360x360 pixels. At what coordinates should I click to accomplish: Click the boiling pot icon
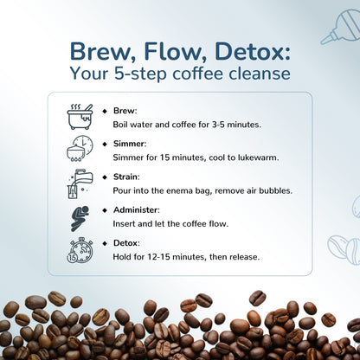pyautogui.click(x=80, y=117)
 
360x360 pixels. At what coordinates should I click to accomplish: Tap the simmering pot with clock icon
pyautogui.click(x=80, y=148)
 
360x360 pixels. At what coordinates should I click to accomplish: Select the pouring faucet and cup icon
pyautogui.click(x=80, y=183)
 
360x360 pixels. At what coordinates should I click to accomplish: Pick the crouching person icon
pyautogui.click(x=80, y=217)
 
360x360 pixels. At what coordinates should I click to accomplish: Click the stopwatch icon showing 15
pyautogui.click(x=80, y=250)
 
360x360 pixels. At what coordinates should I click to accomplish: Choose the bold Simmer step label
pyautogui.click(x=129, y=144)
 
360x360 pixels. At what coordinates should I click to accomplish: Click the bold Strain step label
pyautogui.click(x=125, y=177)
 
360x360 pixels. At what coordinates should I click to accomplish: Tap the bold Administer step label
pyautogui.click(x=135, y=210)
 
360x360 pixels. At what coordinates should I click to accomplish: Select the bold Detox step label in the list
pyautogui.click(x=126, y=243)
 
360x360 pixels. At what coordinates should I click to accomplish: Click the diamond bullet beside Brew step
pyautogui.click(x=105, y=111)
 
